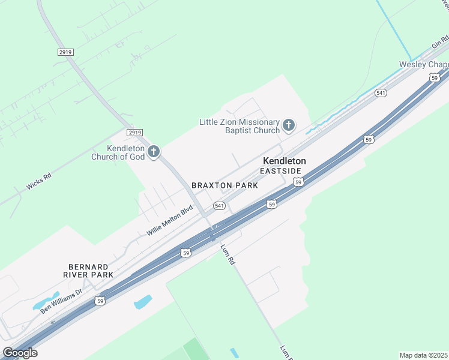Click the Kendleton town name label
[x=284, y=161]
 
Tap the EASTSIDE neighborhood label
[x=280, y=171]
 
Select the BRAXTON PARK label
[x=224, y=185]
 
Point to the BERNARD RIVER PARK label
[x=88, y=270]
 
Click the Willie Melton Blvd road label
[x=170, y=221]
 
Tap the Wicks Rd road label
[x=39, y=182]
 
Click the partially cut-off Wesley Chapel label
[x=424, y=64]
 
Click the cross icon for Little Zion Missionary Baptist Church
[x=289, y=125]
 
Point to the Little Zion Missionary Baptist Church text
[x=240, y=126]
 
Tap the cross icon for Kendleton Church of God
[x=154, y=151]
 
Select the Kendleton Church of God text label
[x=118, y=153]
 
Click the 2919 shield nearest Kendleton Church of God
[x=135, y=132]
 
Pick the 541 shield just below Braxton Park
[x=219, y=206]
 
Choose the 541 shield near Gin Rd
[x=381, y=93]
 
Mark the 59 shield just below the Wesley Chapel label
[x=434, y=77]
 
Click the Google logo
[x=20, y=353]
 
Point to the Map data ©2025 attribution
[x=424, y=355]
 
